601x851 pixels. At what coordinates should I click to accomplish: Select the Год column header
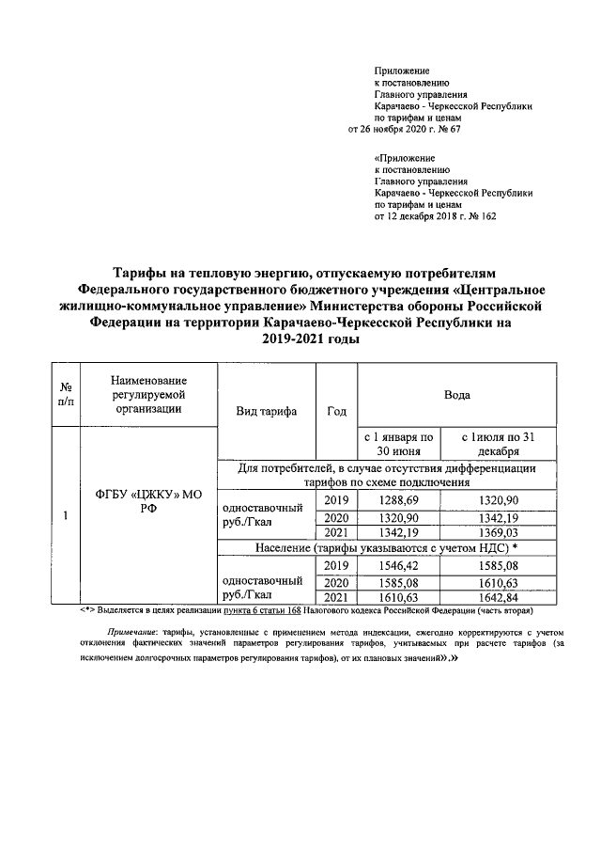point(336,411)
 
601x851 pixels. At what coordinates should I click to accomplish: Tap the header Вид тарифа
point(266,411)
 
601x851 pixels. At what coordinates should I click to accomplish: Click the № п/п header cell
point(67,395)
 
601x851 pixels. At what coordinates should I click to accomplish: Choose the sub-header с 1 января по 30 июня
point(399,444)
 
